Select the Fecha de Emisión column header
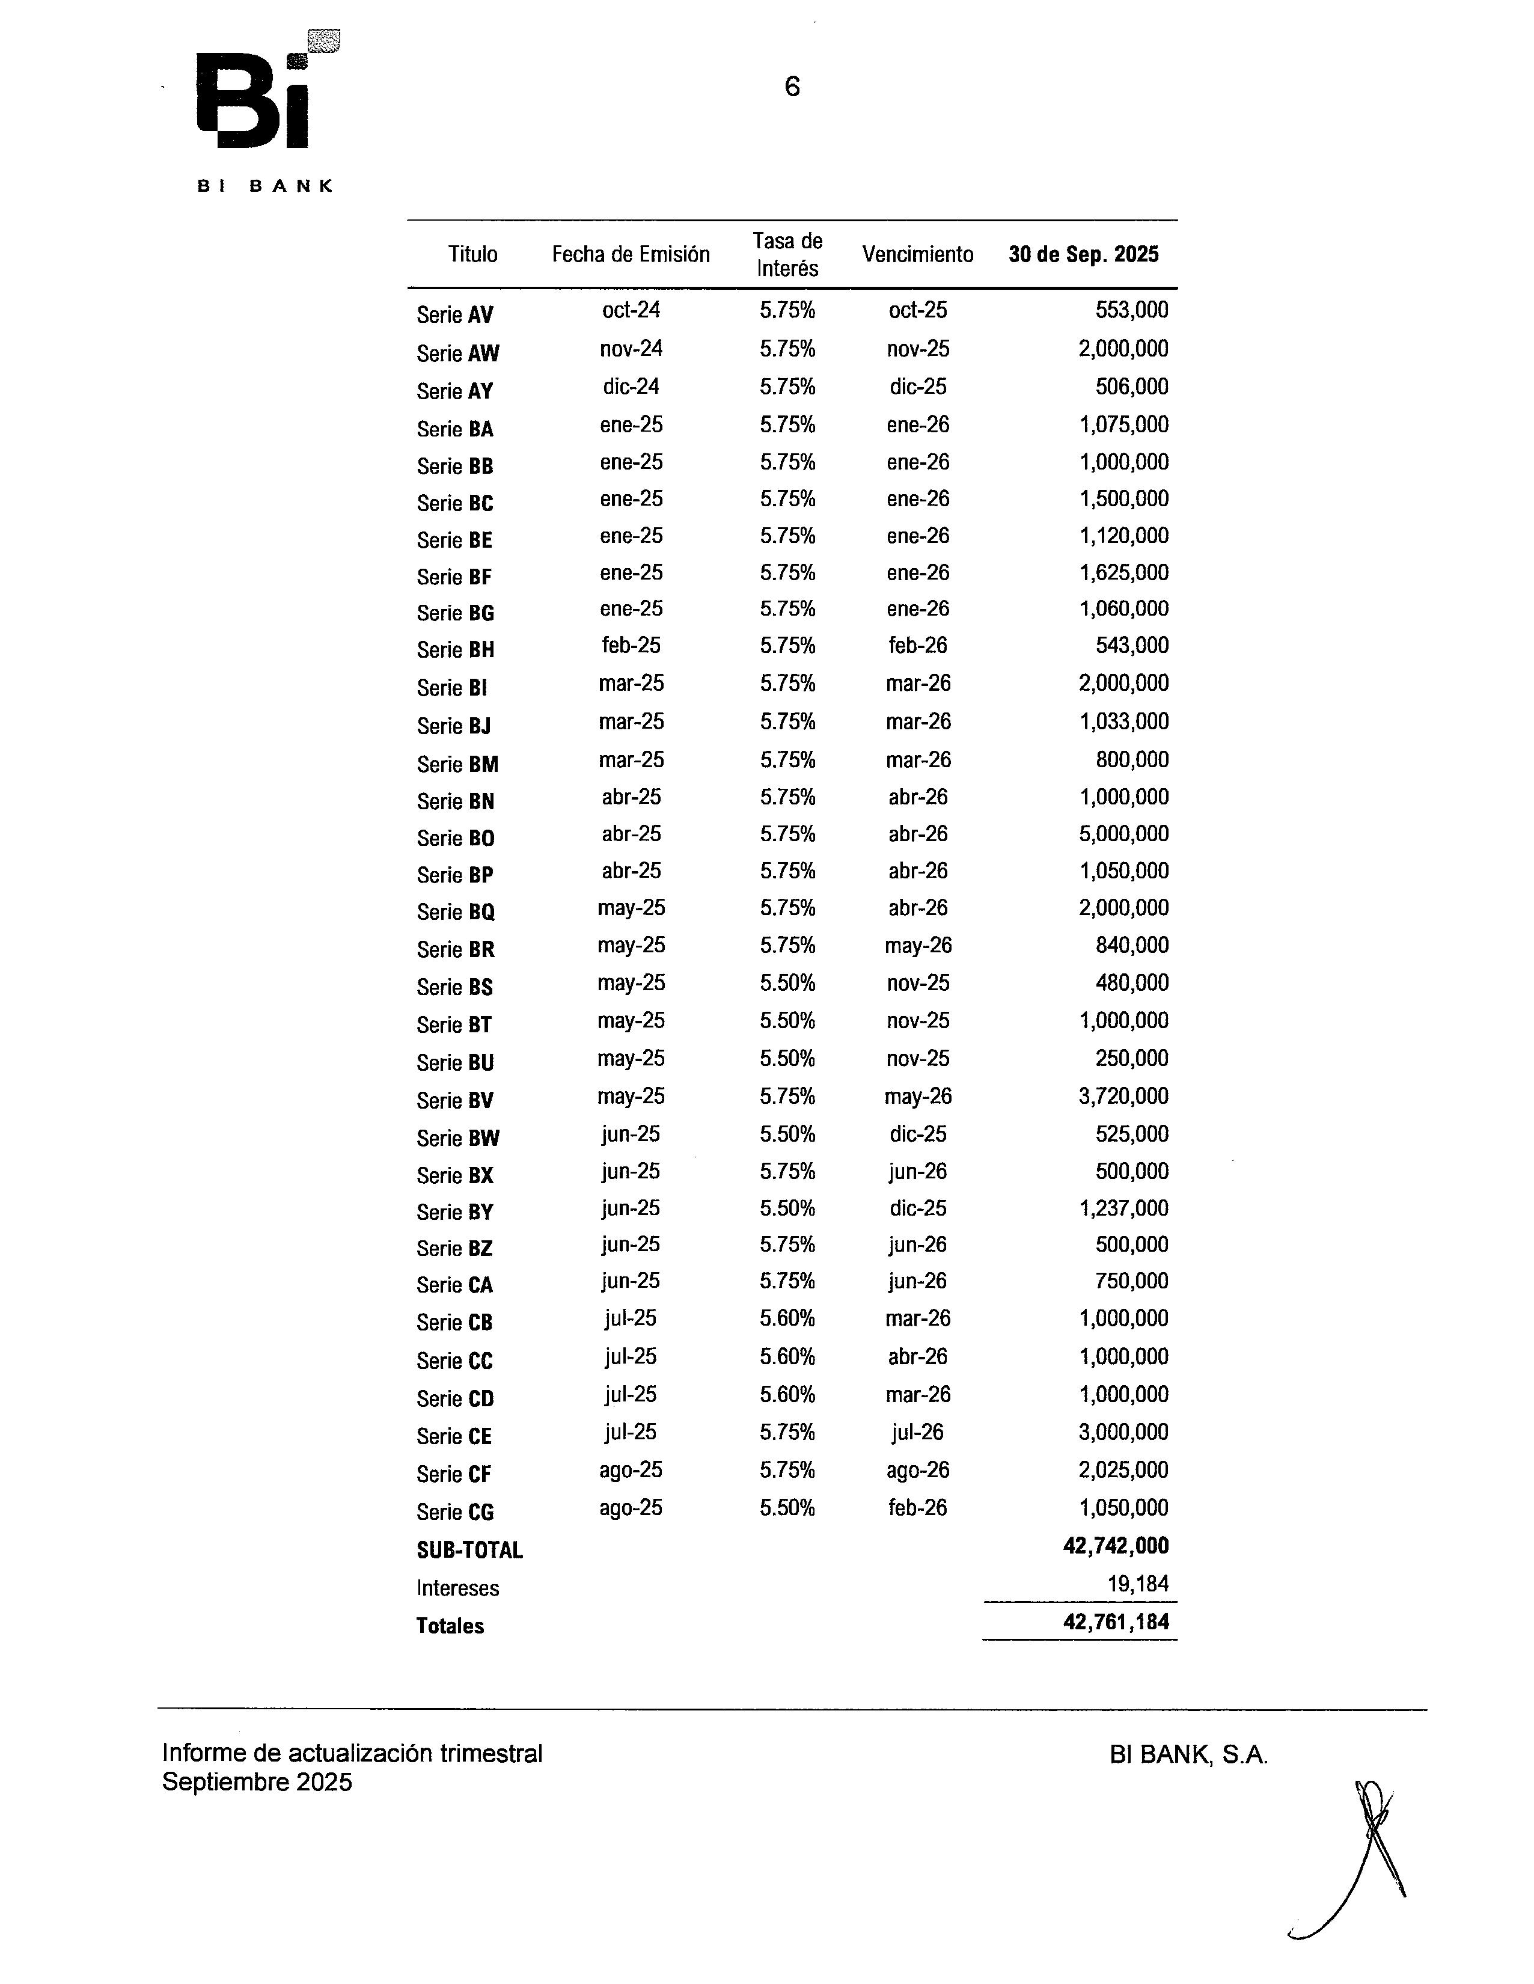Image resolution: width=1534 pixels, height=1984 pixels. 631,254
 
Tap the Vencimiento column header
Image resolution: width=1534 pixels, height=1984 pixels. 917,254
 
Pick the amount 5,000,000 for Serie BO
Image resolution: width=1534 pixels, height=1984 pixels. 1123,834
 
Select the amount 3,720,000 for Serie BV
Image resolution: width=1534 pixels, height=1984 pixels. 1123,1097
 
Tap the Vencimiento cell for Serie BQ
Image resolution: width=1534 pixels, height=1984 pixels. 917,908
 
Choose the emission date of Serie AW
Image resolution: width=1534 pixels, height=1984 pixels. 631,349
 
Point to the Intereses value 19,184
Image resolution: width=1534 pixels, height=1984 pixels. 1137,1584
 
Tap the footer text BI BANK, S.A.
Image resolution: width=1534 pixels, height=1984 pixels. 1188,1755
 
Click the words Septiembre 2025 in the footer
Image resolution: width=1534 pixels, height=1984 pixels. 257,1783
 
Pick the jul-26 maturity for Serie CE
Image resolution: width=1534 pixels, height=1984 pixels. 917,1433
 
